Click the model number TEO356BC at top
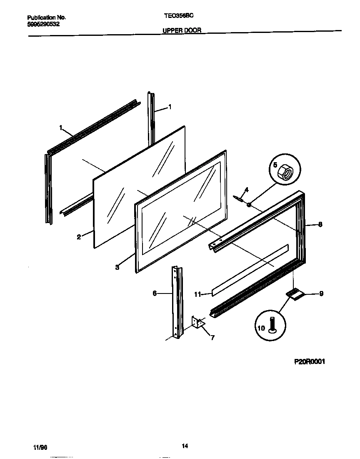click(x=179, y=15)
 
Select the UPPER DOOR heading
click(x=182, y=31)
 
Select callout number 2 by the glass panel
click(x=78, y=237)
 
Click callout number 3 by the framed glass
click(x=117, y=267)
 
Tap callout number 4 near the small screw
click(x=246, y=190)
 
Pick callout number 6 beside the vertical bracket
click(x=155, y=293)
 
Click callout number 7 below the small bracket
click(x=212, y=338)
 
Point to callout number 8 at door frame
click(x=320, y=224)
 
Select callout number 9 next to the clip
click(x=321, y=293)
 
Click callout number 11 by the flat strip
click(x=197, y=294)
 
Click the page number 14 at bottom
click(x=185, y=446)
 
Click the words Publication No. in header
click(x=46, y=18)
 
